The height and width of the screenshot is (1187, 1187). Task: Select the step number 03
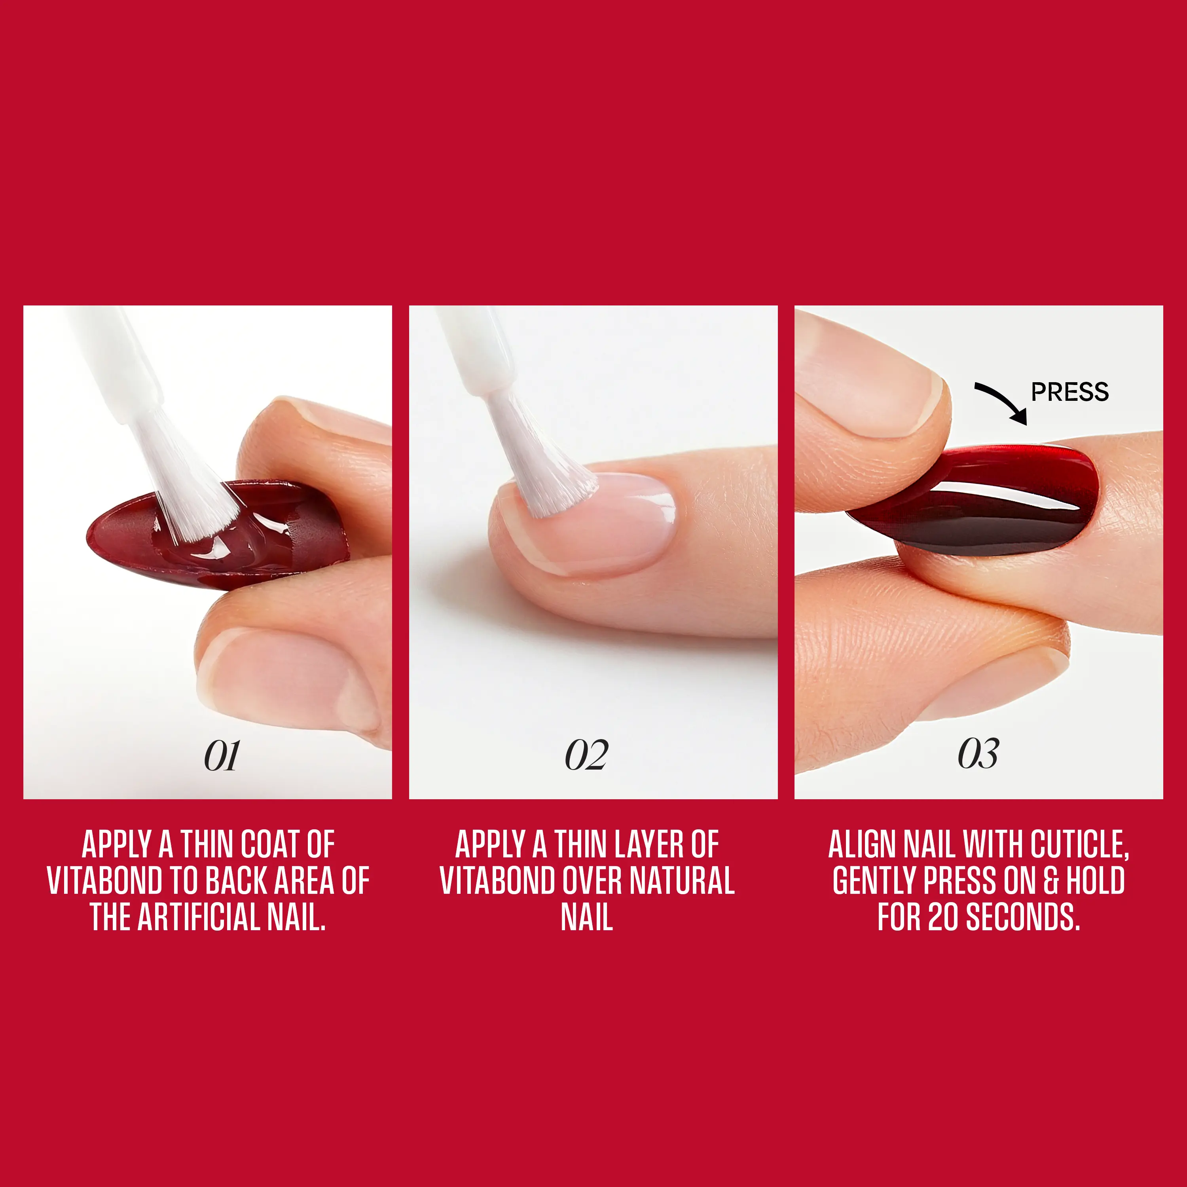pyautogui.click(x=978, y=754)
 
